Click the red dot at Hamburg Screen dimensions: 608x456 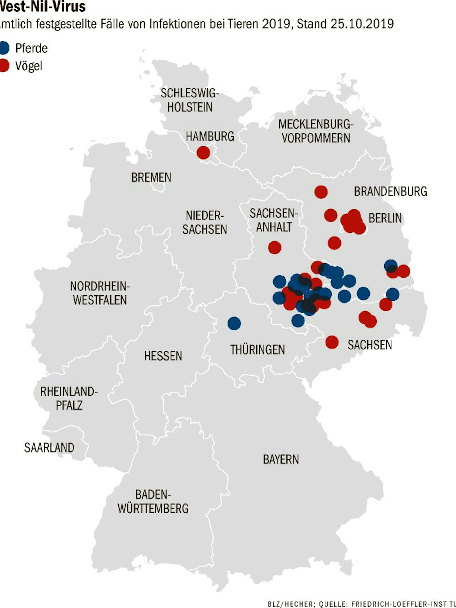(x=203, y=153)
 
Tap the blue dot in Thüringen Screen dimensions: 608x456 (x=234, y=323)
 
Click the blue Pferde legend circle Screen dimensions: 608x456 (x=4, y=48)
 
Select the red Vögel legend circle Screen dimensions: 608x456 (x=4, y=65)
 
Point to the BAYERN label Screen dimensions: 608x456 (x=281, y=459)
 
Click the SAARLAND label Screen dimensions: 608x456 (x=49, y=447)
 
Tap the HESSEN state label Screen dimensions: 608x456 (x=163, y=356)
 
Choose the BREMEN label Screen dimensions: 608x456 (x=151, y=178)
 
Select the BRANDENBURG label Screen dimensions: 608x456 (x=390, y=192)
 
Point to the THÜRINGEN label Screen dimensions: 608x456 (x=257, y=350)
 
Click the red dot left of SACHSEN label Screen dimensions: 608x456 (x=332, y=342)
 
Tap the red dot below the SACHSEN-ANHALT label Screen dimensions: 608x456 (x=275, y=247)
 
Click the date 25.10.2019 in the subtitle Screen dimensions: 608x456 (x=362, y=24)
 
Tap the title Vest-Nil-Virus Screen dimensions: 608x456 (x=43, y=7)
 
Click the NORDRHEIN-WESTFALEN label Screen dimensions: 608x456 (x=100, y=293)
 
